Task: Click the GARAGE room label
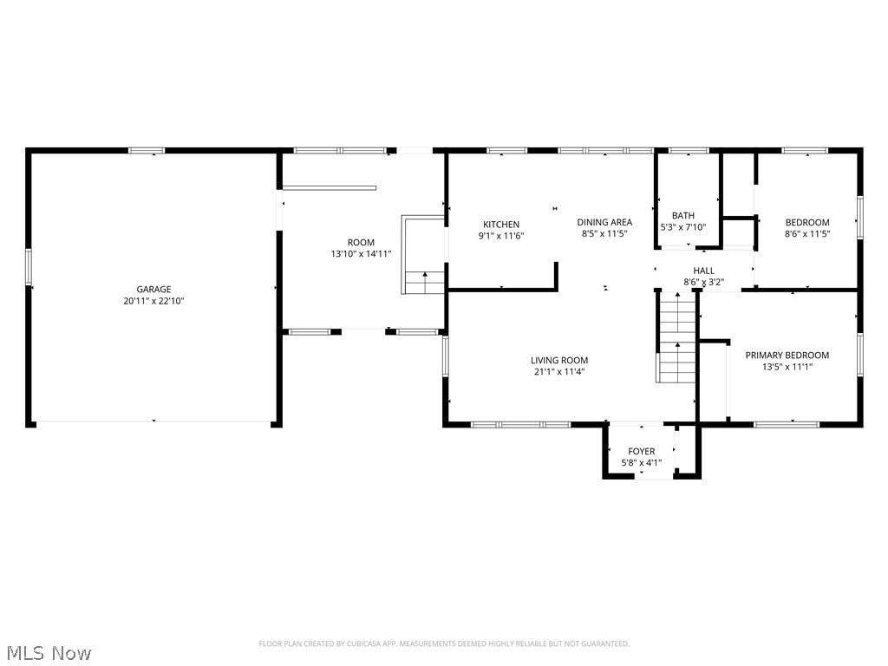pyautogui.click(x=153, y=290)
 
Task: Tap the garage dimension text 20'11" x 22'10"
pyautogui.click(x=153, y=301)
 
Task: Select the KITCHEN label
pyautogui.click(x=501, y=225)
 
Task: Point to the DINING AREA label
pyautogui.click(x=604, y=222)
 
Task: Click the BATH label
pyautogui.click(x=683, y=216)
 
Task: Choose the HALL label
pyautogui.click(x=703, y=271)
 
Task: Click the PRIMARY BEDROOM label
pyautogui.click(x=787, y=355)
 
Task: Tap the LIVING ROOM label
pyautogui.click(x=559, y=361)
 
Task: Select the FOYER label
pyautogui.click(x=641, y=451)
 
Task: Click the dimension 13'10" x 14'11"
pyautogui.click(x=361, y=254)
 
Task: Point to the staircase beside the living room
pyautogui.click(x=676, y=338)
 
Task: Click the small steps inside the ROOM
pyautogui.click(x=425, y=282)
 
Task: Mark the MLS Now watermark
pyautogui.click(x=48, y=652)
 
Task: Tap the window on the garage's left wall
pyautogui.click(x=29, y=266)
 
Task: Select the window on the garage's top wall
pyautogui.click(x=147, y=151)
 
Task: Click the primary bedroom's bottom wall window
pyautogui.click(x=786, y=424)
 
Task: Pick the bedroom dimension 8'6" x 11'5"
pyautogui.click(x=806, y=233)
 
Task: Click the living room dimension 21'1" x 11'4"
pyautogui.click(x=559, y=372)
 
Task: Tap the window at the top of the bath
pyautogui.click(x=689, y=151)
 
